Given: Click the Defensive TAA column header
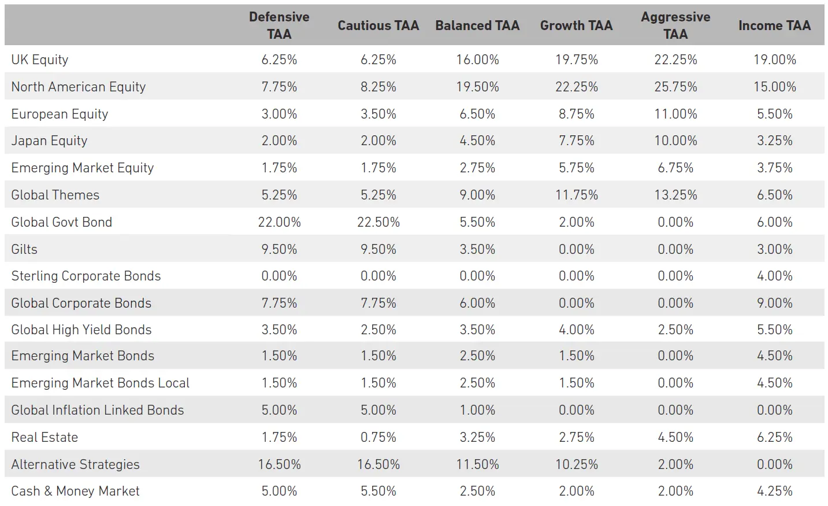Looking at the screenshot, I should click(x=279, y=25).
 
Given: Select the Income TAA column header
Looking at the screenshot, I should click(x=774, y=25).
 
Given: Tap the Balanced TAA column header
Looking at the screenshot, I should click(x=477, y=25).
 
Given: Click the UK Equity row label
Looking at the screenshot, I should click(x=40, y=60).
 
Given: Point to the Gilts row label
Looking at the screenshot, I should click(x=24, y=249).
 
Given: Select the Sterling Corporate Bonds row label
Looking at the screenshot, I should click(x=86, y=276).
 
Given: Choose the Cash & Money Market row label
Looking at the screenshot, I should click(x=75, y=491).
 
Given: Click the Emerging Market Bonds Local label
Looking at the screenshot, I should click(x=101, y=383).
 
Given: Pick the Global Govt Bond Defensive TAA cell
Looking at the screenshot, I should click(x=279, y=222).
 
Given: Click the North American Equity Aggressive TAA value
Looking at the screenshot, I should click(x=675, y=87).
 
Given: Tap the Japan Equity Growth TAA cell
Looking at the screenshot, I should click(x=576, y=141).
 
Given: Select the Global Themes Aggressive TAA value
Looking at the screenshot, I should click(x=675, y=195).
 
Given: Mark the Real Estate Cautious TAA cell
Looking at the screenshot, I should click(x=378, y=437).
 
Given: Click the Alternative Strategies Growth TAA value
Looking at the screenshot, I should click(x=576, y=464).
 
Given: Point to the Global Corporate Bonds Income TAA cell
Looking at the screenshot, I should click(x=774, y=303).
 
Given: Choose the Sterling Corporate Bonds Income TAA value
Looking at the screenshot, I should click(x=774, y=276).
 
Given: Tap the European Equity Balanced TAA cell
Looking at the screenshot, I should click(x=477, y=114).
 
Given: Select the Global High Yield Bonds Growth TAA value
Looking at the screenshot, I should click(x=576, y=330).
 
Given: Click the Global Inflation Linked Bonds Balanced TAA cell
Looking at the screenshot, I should click(x=477, y=410).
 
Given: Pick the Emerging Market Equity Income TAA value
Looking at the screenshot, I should click(x=774, y=168).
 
